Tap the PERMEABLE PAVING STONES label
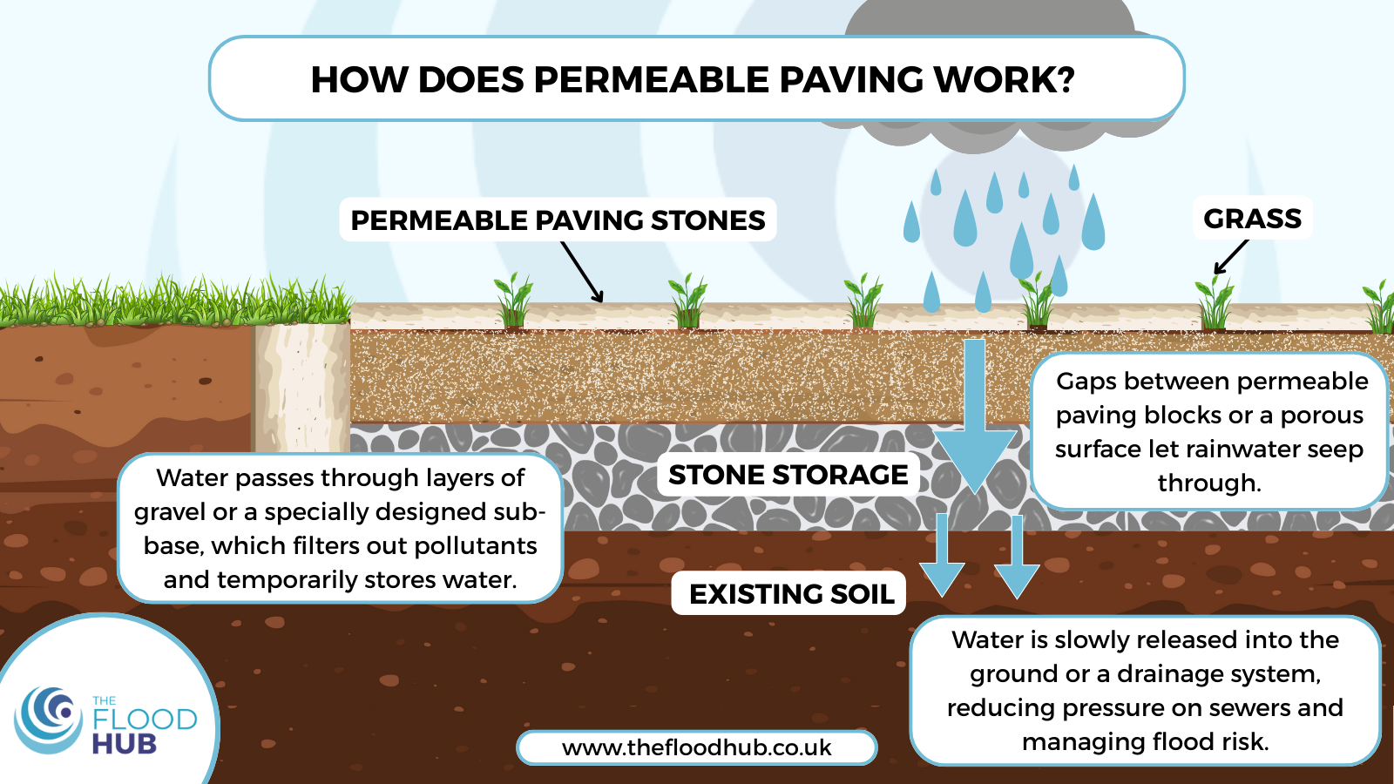click(x=558, y=220)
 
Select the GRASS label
click(x=1252, y=219)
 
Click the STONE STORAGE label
click(x=788, y=475)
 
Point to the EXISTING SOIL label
click(x=791, y=594)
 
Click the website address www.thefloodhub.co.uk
click(x=696, y=747)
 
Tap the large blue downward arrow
click(x=975, y=418)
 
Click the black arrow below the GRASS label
click(x=1230, y=257)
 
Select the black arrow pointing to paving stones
click(x=581, y=271)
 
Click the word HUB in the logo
click(x=124, y=744)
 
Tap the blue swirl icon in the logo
click(x=49, y=720)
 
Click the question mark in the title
click(x=1065, y=79)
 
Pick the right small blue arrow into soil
click(x=1017, y=558)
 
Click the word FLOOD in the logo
click(x=145, y=720)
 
